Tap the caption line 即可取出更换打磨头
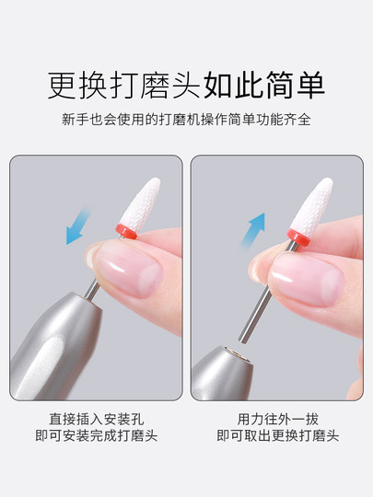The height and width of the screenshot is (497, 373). (275, 435)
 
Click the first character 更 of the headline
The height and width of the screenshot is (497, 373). (61, 86)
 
